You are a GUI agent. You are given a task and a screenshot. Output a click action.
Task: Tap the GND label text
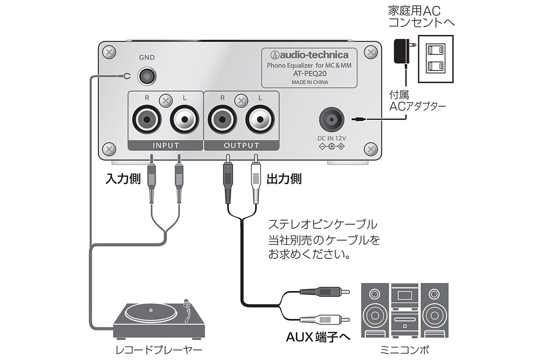point(147,58)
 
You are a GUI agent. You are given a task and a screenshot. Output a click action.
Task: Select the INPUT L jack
point(183,120)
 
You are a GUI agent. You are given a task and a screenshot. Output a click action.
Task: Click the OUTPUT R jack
point(220,120)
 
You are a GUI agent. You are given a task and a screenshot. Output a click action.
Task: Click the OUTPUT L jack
point(258,120)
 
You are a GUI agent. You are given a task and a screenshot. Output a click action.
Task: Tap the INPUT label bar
point(166,145)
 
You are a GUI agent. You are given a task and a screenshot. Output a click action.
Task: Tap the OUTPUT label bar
point(241,145)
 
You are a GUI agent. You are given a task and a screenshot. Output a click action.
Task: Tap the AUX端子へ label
point(318,337)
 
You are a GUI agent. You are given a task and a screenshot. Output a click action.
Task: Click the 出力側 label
point(284,179)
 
